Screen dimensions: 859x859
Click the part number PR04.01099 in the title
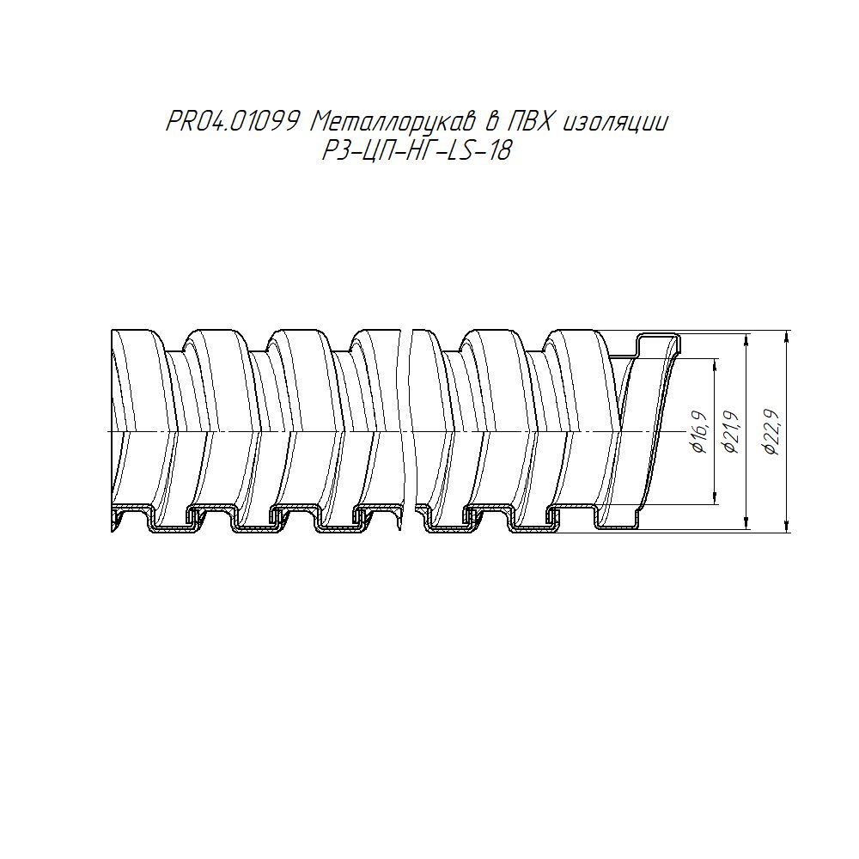[x=232, y=122]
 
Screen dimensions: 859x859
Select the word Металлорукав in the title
[x=393, y=123]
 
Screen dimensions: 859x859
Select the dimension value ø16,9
[x=701, y=432]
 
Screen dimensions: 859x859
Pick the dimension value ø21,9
[x=732, y=432]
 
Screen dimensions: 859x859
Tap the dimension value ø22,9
[x=772, y=432]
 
